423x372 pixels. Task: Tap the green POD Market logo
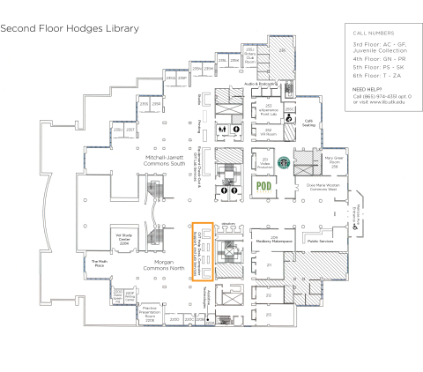click(x=262, y=186)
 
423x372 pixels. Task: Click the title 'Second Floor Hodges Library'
click(x=70, y=29)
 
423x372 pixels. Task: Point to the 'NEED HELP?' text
click(x=368, y=90)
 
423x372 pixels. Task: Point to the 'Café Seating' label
click(x=308, y=123)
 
